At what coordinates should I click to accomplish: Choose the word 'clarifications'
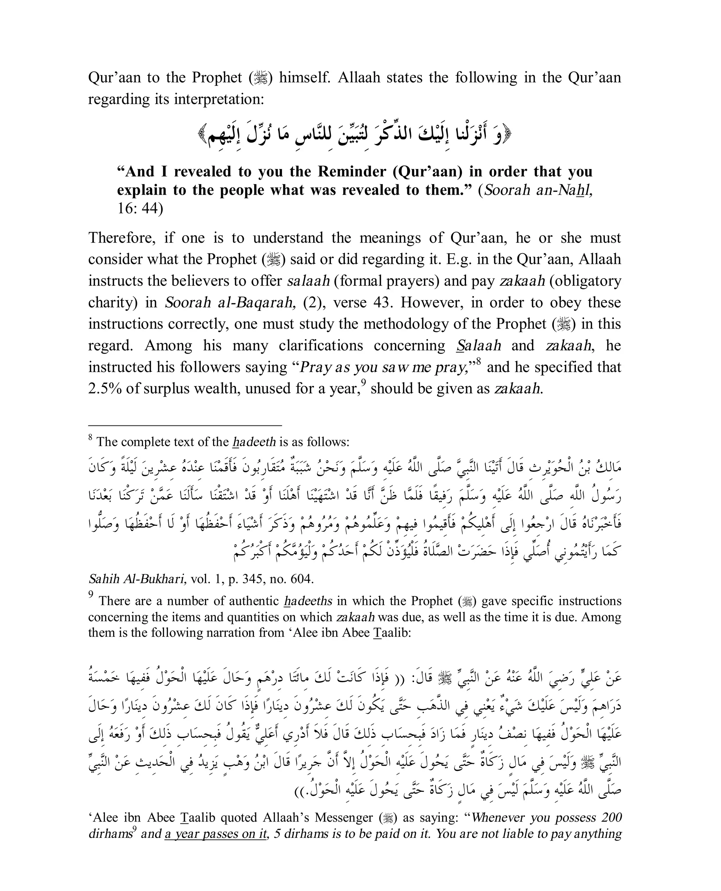pyautogui.click(x=322, y=345)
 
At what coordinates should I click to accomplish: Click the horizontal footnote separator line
pyautogui.click(x=185, y=425)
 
